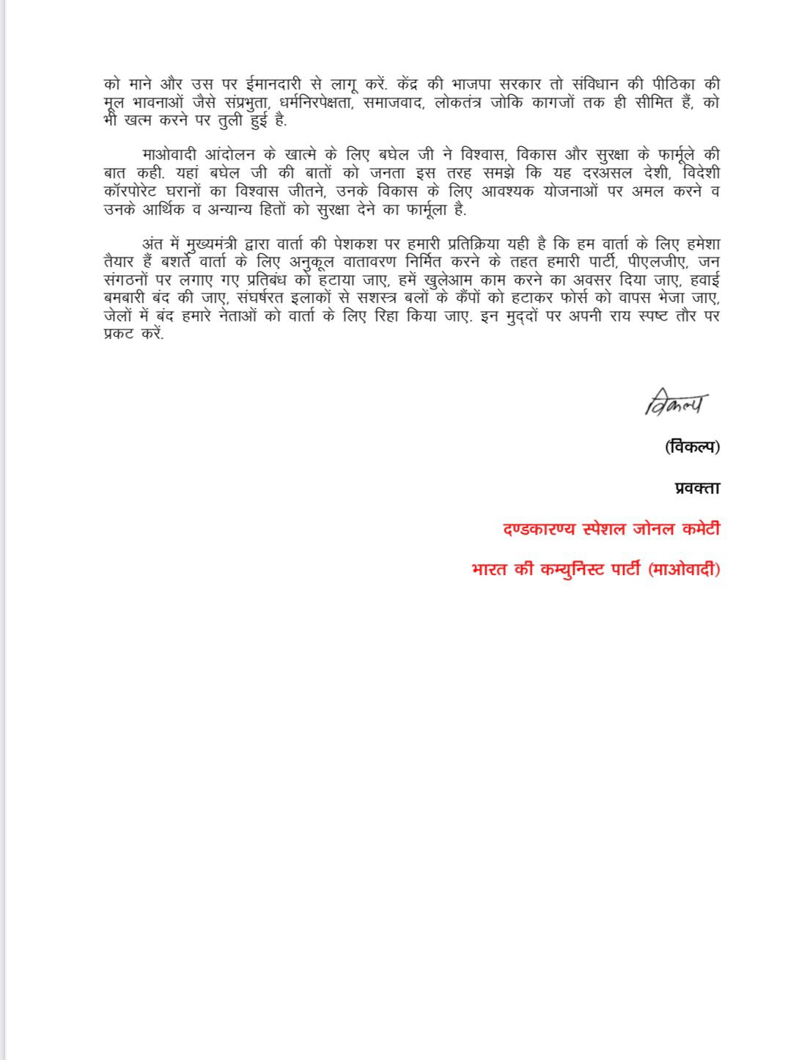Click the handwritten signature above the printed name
click(677, 403)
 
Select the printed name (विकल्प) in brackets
click(692, 446)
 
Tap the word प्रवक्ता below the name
click(697, 488)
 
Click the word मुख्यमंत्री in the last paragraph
click(213, 244)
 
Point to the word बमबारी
click(126, 299)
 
